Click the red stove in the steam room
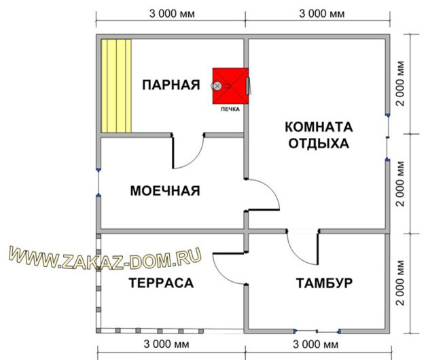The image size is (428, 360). pyautogui.click(x=230, y=86)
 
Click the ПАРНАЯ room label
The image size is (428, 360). pyautogui.click(x=171, y=85)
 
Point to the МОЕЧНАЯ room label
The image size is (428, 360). pyautogui.click(x=165, y=191)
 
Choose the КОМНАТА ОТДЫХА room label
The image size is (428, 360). pyautogui.click(x=318, y=135)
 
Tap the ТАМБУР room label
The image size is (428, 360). pyautogui.click(x=323, y=283)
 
